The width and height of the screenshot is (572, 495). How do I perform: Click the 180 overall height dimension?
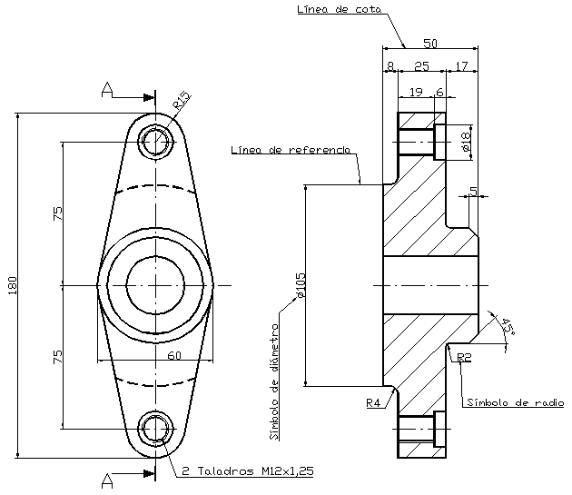12,285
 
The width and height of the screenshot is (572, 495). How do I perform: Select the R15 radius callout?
182,101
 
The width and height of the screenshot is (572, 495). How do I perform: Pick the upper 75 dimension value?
57,213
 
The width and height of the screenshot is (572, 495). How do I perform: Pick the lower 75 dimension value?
57,356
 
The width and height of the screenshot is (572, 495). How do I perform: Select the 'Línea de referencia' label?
290,150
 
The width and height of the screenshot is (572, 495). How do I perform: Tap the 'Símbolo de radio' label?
515,402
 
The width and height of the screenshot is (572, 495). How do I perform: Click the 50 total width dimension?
430,43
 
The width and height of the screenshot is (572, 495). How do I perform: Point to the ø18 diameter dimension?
465,141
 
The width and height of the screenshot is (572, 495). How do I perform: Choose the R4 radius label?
372,402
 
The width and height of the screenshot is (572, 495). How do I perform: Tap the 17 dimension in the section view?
461,66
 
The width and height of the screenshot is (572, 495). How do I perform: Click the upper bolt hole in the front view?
156,142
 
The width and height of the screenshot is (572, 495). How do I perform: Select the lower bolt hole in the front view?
156,428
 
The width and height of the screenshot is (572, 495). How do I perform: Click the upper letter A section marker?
108,89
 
